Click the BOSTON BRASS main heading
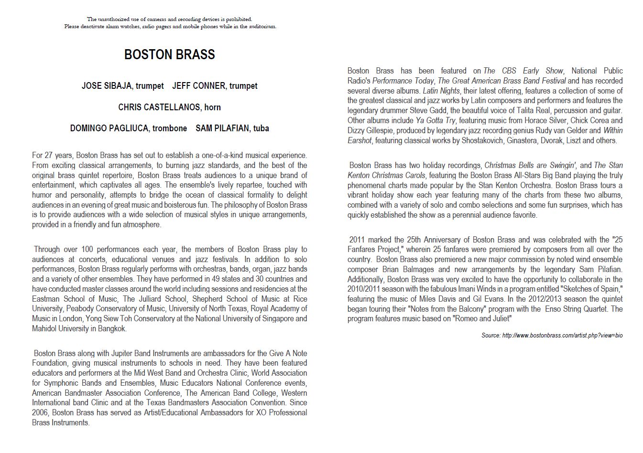coord(169,54)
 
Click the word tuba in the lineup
coord(261,128)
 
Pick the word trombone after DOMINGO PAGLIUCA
coord(170,128)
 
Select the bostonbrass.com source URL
coord(562,336)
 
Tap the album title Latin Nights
coord(441,91)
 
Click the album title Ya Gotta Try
coord(436,120)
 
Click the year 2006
coord(40,413)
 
